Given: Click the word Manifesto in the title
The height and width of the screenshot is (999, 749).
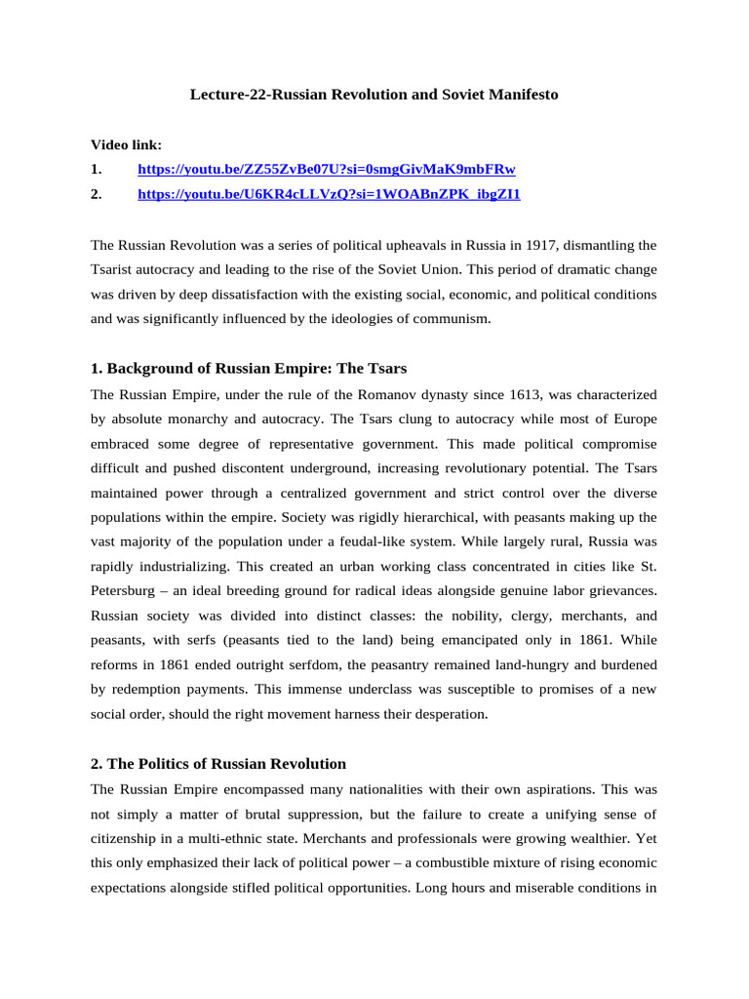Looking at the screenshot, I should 522,96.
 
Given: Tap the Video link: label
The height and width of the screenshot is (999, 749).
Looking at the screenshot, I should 127,143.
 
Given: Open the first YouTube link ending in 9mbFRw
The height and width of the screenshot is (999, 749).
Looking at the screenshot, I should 327,169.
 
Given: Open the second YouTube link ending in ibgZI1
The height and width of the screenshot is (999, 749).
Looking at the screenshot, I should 329,194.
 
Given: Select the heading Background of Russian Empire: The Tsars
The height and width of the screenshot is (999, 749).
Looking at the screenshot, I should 249,369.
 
